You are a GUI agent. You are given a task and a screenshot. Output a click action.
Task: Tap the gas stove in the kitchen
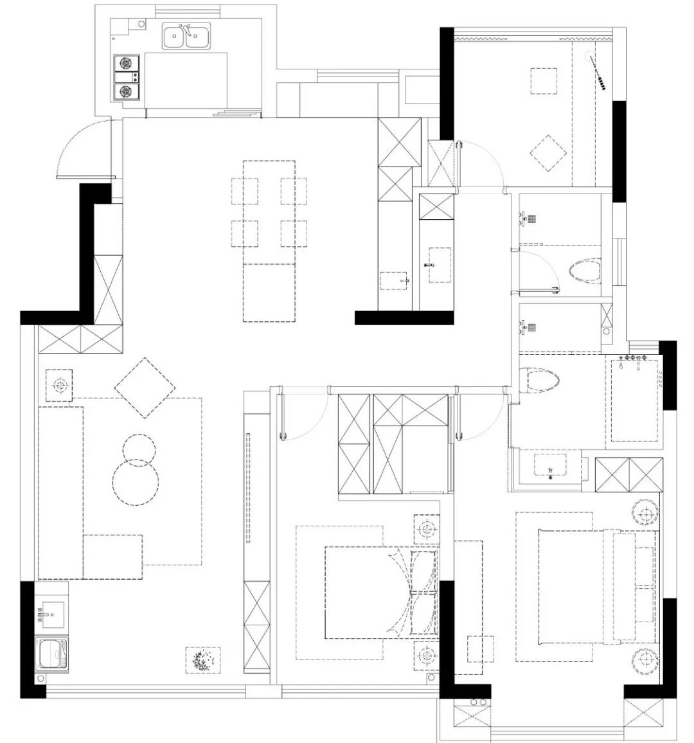[x=127, y=78]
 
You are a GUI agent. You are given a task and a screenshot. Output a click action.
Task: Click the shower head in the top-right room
[x=598, y=71]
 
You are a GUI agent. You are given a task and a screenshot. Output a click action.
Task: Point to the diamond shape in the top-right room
[x=548, y=153]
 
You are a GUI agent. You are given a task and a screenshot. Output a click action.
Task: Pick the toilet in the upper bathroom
[x=585, y=272]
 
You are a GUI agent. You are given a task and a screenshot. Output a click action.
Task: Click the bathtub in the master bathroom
[x=634, y=400]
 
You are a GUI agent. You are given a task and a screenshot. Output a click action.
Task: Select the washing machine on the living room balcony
[x=52, y=654]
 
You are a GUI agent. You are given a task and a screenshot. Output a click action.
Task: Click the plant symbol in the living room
[x=203, y=660]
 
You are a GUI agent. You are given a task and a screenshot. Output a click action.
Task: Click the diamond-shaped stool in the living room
[x=145, y=388]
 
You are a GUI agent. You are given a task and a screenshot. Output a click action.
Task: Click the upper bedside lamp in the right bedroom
[x=645, y=514]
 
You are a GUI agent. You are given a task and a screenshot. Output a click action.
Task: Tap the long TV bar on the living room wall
[x=248, y=488]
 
